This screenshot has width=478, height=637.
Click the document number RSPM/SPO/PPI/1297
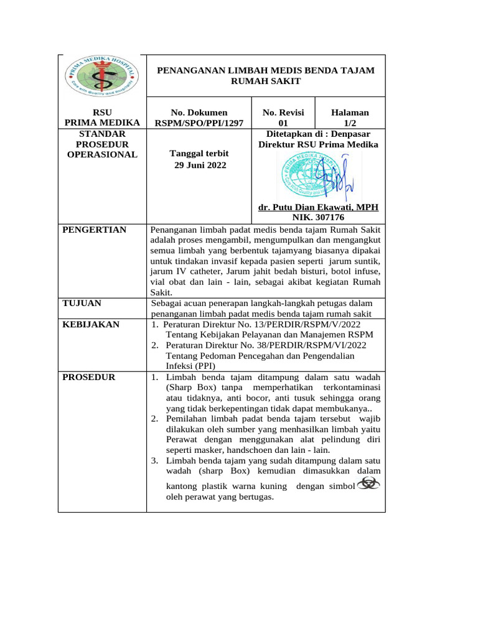coord(199,123)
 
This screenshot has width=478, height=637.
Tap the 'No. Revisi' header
coord(283,113)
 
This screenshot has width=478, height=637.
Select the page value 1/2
coord(350,123)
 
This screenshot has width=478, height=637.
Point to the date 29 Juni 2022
coord(199,165)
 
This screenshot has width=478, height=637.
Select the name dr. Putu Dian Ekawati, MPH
coord(318,207)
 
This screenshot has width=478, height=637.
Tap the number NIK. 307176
coord(318,218)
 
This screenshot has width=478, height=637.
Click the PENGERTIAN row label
coord(95,230)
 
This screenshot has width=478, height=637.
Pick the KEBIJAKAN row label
coord(91,325)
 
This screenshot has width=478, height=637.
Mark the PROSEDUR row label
coord(89,378)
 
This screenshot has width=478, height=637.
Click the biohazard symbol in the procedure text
coord(367,484)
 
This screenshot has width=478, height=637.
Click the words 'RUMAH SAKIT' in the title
coord(265,81)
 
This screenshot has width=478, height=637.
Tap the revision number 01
coord(283,123)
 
